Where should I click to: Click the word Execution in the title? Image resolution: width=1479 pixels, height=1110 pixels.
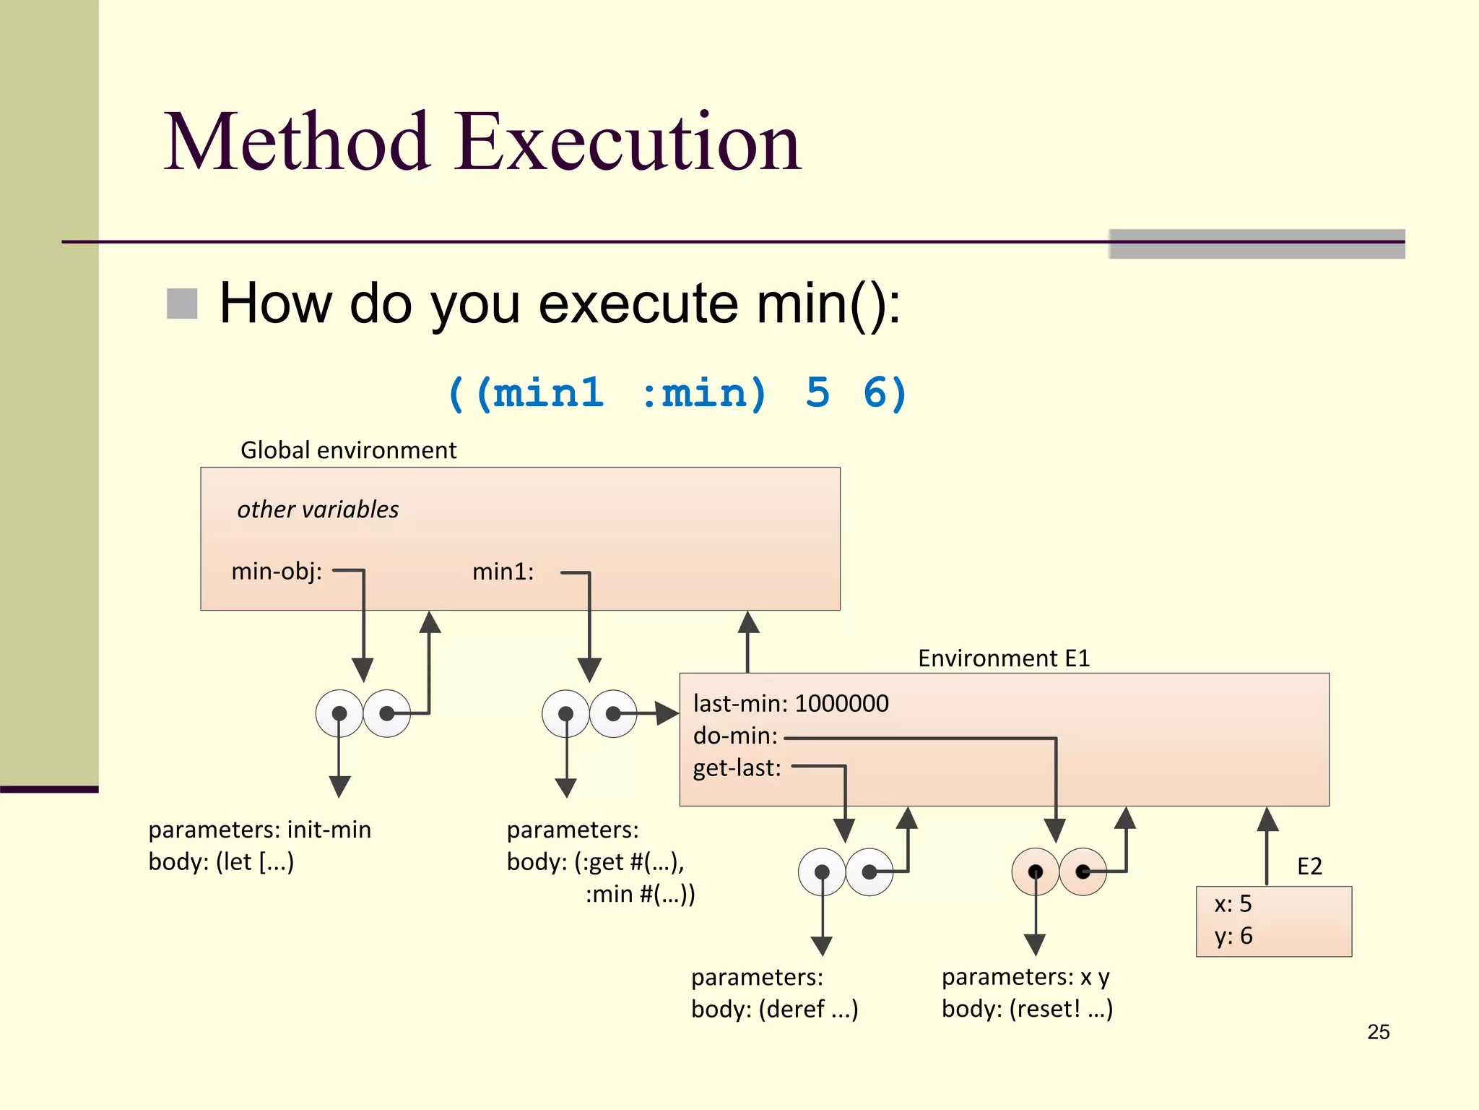coord(628,142)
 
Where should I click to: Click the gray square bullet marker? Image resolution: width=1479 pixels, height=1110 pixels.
coord(182,304)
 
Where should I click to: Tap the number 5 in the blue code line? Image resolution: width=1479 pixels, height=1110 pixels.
coord(817,394)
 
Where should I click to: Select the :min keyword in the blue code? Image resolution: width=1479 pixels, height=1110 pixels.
coord(704,394)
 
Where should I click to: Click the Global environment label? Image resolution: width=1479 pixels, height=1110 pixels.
coord(348,450)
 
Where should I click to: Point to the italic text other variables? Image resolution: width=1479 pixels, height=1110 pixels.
coord(318,509)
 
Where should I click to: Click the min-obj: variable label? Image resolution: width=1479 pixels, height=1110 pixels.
coord(277,572)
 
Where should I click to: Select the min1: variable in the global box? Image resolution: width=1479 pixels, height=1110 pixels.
coord(503,572)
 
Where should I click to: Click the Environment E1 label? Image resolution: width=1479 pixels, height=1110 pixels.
coord(1003,658)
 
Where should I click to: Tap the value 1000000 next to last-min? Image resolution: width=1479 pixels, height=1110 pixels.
coord(841,703)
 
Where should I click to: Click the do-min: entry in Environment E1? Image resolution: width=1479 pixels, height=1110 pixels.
coord(735,736)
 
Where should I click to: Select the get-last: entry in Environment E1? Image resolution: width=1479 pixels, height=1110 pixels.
coord(737,767)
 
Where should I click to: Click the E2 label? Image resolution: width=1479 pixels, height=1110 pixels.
coord(1309,866)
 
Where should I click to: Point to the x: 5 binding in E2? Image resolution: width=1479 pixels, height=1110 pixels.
coord(1233,904)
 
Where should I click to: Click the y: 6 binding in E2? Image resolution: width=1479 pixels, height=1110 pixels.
coord(1233,937)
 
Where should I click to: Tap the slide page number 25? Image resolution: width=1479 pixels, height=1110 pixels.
coord(1378,1032)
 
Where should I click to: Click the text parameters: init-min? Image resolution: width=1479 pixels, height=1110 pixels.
coord(259,830)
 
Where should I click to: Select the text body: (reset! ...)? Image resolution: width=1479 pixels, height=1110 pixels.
coord(1027,1009)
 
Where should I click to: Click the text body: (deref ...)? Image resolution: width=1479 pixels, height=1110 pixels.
coord(774,1009)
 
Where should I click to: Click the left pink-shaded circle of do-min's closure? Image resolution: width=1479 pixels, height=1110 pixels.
coord(1035,872)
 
